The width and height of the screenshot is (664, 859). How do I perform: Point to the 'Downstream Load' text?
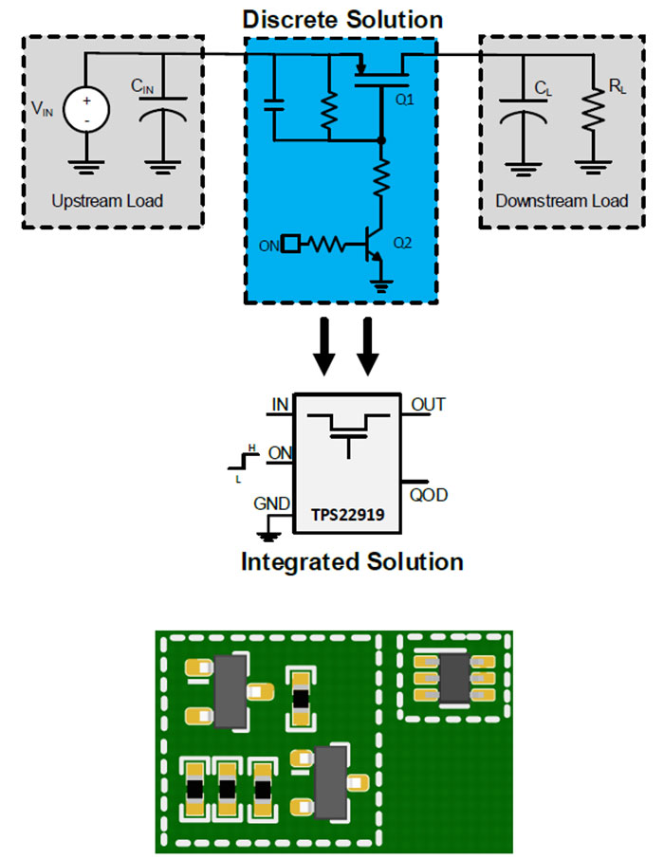[562, 201]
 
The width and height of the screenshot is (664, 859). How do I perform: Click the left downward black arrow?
[324, 347]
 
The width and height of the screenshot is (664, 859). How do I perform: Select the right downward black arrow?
[370, 347]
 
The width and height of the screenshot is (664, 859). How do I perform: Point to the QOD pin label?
[430, 495]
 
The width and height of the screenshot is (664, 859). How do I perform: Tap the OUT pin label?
[428, 406]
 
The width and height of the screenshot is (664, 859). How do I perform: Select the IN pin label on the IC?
[280, 406]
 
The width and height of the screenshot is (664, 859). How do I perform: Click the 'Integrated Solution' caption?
[352, 561]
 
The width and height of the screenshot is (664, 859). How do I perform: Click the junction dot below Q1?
[381, 140]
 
